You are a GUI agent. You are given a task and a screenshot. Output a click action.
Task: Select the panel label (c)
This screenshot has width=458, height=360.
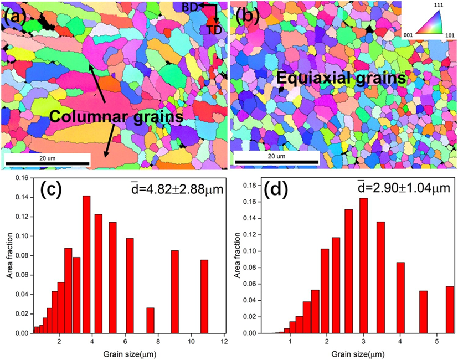53,190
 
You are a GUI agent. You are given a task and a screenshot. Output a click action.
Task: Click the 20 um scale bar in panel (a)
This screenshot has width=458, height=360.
47,163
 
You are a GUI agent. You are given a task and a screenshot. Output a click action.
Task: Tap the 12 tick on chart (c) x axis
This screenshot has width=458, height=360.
224,341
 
